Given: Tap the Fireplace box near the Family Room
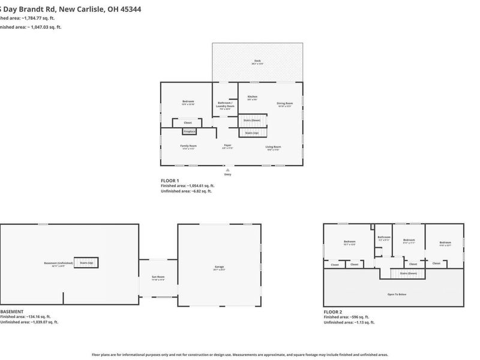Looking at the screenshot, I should [x=190, y=131].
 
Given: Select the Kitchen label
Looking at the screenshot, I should [x=253, y=98].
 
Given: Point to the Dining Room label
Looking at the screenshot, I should [x=284, y=104].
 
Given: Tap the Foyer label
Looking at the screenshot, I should [x=228, y=146].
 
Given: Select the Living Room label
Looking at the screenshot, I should [x=274, y=147].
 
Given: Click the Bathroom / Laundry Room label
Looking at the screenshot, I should [x=226, y=106].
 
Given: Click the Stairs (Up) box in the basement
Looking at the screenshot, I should [x=86, y=263].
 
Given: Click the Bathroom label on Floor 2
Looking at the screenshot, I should [x=384, y=238].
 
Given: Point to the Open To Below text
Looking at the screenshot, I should [x=396, y=295].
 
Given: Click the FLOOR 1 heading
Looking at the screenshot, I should [x=170, y=180].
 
